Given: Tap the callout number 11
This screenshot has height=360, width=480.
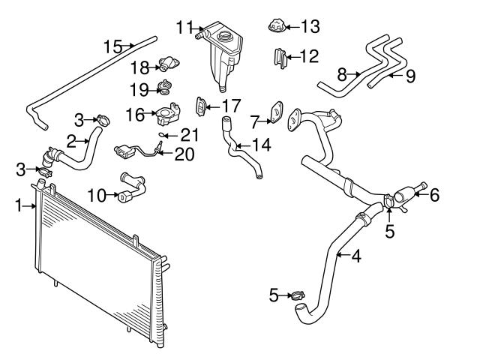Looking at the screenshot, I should (x=184, y=28).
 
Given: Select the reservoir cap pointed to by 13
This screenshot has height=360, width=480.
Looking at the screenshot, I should (x=275, y=28).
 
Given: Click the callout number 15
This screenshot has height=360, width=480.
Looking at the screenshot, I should (x=112, y=47).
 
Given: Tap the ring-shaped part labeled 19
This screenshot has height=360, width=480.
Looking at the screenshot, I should (x=162, y=90).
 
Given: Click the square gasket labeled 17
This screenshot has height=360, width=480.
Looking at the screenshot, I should (x=201, y=106).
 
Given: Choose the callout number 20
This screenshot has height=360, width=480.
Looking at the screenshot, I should (x=183, y=154).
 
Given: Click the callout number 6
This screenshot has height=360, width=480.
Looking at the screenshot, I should (x=434, y=195).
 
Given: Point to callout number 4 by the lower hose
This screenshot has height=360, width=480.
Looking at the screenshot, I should (x=355, y=256).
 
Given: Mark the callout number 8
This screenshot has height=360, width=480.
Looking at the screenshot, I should (x=342, y=74).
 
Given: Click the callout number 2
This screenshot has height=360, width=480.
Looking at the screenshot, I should (x=72, y=139).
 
